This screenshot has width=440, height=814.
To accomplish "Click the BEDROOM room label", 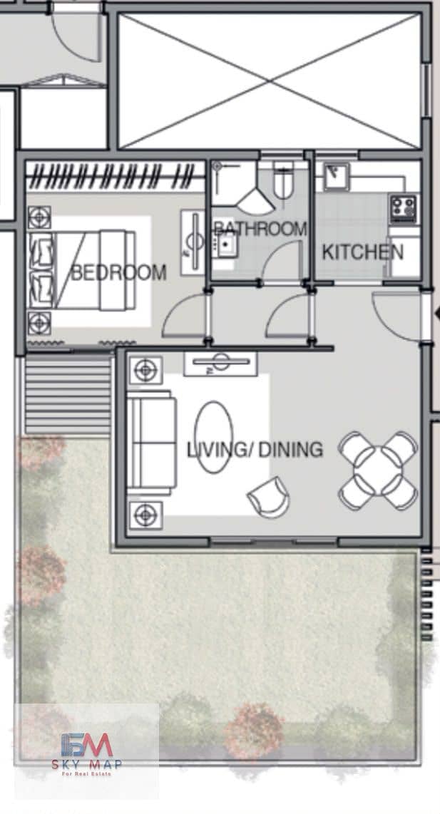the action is click(x=118, y=272).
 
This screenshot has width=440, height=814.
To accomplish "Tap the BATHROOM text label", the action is click(x=260, y=228).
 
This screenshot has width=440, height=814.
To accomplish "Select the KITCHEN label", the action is click(x=362, y=252).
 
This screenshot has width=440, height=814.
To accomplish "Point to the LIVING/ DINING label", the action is click(x=255, y=450).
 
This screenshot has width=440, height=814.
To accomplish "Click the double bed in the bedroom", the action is click(x=82, y=270).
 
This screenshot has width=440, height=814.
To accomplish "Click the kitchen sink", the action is click(x=336, y=176).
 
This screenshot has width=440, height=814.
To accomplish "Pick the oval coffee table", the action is click(x=213, y=437).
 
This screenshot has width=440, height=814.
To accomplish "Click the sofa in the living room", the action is click(x=152, y=443).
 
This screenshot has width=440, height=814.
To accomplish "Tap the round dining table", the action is click(x=378, y=470).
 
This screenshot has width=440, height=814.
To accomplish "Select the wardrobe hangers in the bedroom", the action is click(x=115, y=177).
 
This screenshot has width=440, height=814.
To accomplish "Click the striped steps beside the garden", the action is click(x=68, y=396).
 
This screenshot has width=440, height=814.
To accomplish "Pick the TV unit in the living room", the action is click(x=220, y=364).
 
